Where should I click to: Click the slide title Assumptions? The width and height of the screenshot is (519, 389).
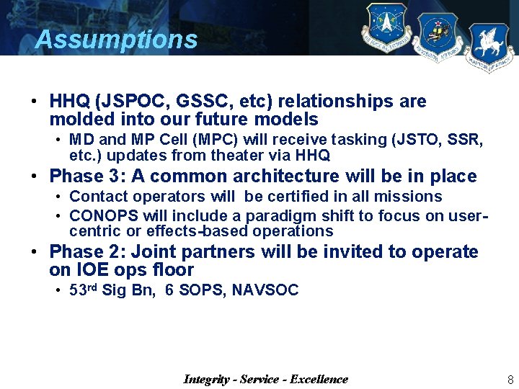point(116,39)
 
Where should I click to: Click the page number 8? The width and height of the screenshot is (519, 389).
point(510,380)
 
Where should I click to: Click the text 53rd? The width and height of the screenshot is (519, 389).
point(83,290)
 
